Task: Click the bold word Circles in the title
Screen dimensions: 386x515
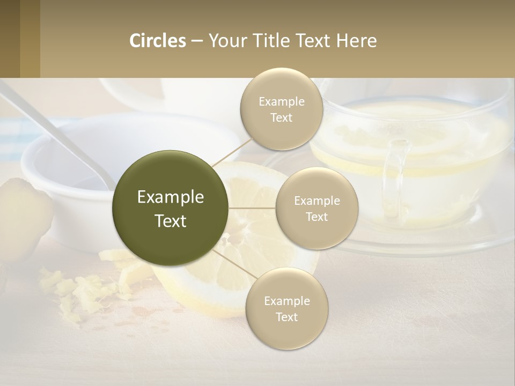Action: [157, 41]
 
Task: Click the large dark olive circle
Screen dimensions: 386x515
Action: [170, 208]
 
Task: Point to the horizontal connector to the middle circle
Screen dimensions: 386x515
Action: [252, 207]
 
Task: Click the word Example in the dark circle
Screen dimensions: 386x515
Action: [170, 197]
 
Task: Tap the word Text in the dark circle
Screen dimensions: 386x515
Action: [170, 221]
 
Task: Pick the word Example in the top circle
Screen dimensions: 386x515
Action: [282, 102]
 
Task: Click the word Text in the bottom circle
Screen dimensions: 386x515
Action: [287, 317]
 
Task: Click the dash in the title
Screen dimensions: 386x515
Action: [197, 41]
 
